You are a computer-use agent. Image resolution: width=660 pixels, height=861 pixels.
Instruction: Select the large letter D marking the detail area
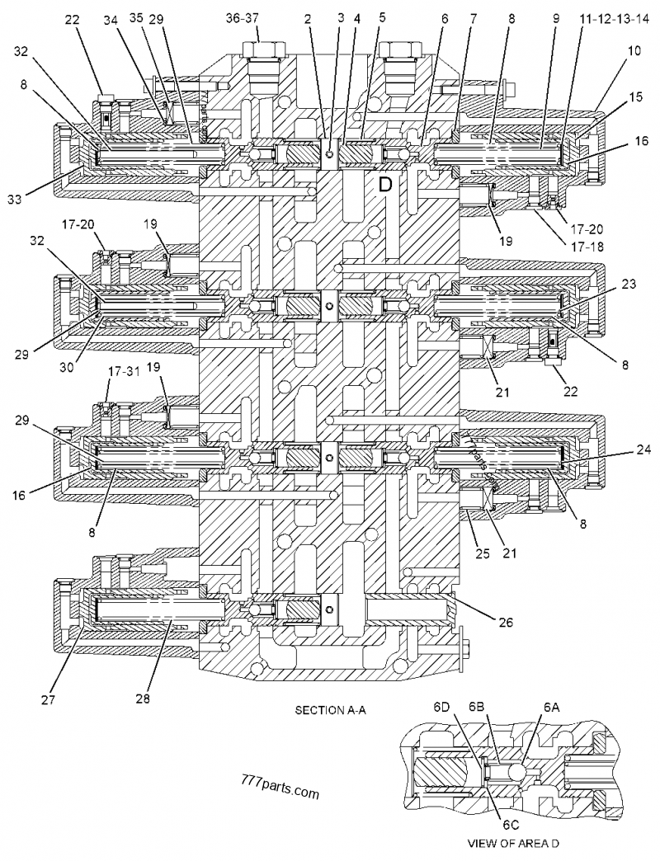(385, 185)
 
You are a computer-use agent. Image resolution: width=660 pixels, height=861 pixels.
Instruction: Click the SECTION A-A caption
(328, 708)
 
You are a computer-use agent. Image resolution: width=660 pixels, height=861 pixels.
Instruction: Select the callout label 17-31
(114, 373)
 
